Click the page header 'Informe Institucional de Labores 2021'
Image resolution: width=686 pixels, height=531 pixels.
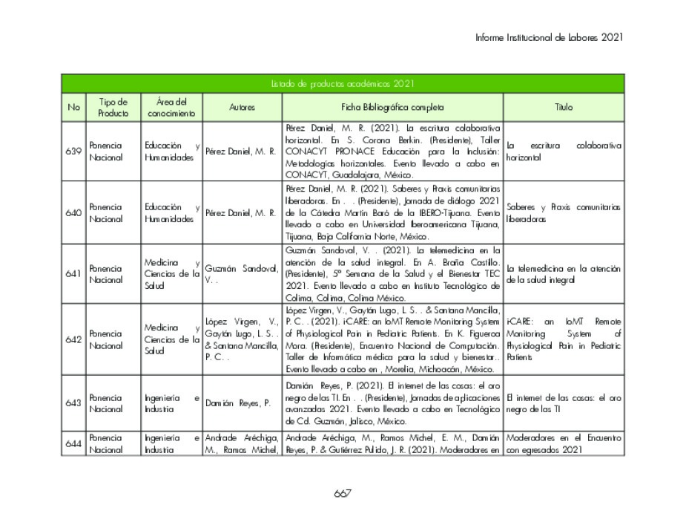click(549, 37)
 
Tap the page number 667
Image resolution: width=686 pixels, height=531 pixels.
click(342, 493)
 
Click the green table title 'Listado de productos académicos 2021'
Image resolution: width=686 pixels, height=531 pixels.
click(342, 83)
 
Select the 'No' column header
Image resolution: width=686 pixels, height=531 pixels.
click(73, 107)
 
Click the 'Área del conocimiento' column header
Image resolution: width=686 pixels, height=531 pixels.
click(171, 107)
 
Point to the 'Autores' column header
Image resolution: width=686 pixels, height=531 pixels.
click(242, 107)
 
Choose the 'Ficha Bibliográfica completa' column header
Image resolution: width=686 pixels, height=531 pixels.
click(392, 107)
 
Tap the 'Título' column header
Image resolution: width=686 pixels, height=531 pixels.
click(564, 107)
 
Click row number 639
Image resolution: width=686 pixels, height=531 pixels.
click(73, 151)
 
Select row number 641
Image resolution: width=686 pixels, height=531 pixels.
click(73, 273)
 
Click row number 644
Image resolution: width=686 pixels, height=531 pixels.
click(73, 443)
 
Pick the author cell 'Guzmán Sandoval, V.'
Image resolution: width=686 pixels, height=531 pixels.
click(241, 274)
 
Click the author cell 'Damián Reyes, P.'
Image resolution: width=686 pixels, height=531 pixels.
click(234, 403)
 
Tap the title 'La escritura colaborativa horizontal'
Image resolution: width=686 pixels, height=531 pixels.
click(564, 152)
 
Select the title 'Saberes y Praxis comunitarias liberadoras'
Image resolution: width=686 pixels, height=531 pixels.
click(564, 212)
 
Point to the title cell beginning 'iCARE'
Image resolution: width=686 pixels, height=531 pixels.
click(564, 339)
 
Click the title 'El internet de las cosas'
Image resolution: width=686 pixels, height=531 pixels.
click(564, 403)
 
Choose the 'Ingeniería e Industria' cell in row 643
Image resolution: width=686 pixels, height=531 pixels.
click(171, 403)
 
